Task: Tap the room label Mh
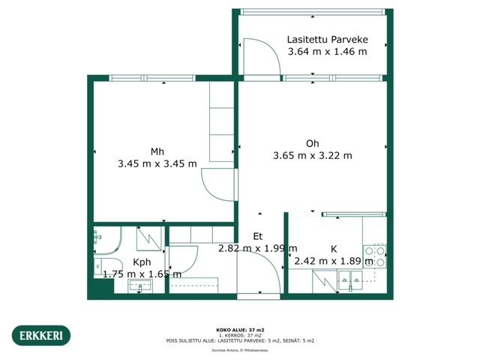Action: (157, 152)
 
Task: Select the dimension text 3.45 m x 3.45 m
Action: (157, 163)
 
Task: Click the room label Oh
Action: (312, 144)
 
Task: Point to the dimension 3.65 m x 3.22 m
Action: (312, 156)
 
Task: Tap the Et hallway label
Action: (256, 235)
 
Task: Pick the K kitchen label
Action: (333, 249)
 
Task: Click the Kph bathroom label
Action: (142, 262)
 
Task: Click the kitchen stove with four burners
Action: (374, 256)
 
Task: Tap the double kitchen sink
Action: (352, 282)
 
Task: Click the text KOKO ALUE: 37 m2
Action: (240, 329)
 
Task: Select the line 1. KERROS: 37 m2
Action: (240, 334)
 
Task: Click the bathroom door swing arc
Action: (181, 259)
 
